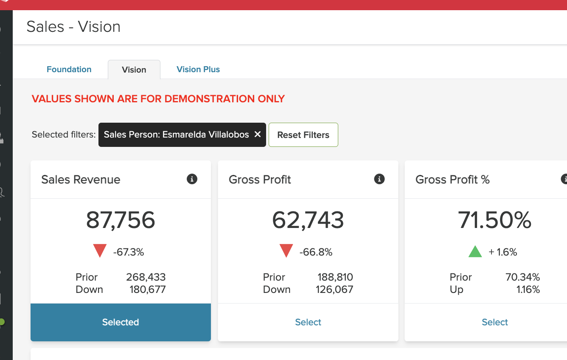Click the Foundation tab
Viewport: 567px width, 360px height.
coord(69,69)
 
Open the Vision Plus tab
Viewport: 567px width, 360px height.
coord(198,69)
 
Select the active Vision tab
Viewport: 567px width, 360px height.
coord(134,70)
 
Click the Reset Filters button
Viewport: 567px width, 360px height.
coord(303,135)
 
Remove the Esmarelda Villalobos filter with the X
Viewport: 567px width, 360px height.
coord(257,135)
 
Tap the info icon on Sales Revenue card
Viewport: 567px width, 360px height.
coord(192,179)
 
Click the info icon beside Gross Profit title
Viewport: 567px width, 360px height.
coord(379,179)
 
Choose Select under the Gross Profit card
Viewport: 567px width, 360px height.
coord(308,322)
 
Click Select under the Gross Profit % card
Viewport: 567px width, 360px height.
coord(495,322)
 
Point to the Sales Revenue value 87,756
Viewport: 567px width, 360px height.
coord(121,220)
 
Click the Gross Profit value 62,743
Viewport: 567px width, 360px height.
coord(308,220)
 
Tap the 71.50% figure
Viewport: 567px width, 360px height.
coord(495,220)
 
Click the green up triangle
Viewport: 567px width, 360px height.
coord(475,252)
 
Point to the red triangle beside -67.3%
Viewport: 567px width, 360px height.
coord(100,251)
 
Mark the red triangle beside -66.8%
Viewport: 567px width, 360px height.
coord(286,251)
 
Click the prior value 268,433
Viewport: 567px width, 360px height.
coord(146,277)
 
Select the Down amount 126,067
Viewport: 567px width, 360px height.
coord(334,290)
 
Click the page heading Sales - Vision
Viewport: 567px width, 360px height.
coord(73,27)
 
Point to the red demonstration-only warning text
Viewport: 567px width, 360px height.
coord(158,99)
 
